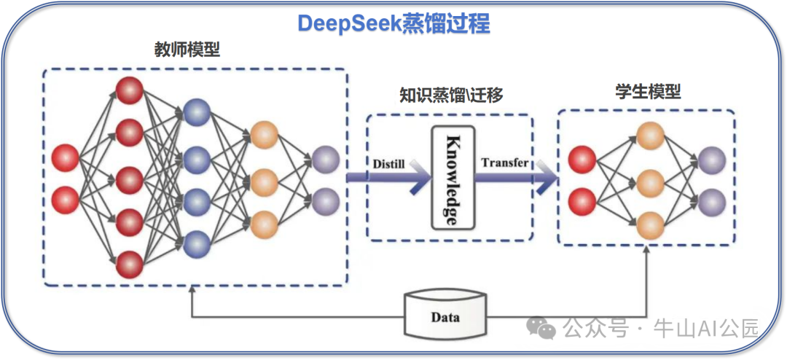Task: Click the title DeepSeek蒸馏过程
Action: (x=393, y=23)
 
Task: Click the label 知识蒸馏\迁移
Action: (x=451, y=95)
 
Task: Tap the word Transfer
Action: (x=504, y=162)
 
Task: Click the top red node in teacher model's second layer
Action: (x=129, y=90)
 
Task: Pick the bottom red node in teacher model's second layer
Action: (x=129, y=263)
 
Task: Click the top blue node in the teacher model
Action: (x=197, y=111)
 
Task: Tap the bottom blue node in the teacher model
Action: (x=197, y=243)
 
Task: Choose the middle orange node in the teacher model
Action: (x=264, y=179)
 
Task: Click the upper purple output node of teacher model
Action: (x=325, y=159)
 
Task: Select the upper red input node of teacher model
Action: (x=66, y=157)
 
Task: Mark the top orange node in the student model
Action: (x=650, y=135)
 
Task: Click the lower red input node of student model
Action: (x=582, y=200)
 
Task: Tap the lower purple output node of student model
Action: (x=711, y=200)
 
